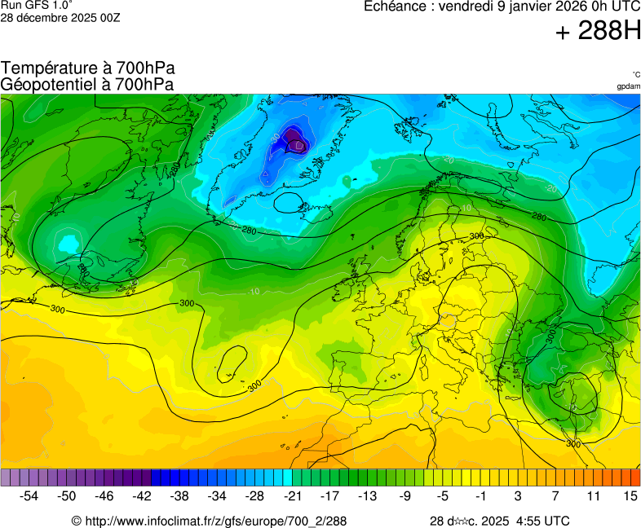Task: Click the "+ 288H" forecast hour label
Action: pyautogui.click(x=598, y=32)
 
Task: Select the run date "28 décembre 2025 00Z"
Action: pyautogui.click(x=60, y=17)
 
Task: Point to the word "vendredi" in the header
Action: pyautogui.click(x=467, y=7)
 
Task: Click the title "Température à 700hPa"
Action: pyautogui.click(x=88, y=68)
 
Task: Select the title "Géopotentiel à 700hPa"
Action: pyautogui.click(x=88, y=84)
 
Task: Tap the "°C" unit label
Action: pyautogui.click(x=635, y=74)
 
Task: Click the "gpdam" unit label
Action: pyautogui.click(x=628, y=86)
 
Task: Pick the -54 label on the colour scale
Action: pyautogui.click(x=29, y=495)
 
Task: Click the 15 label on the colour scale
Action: pyautogui.click(x=630, y=495)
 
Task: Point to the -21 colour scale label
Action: pyautogui.click(x=293, y=495)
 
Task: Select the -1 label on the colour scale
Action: pyautogui.click(x=480, y=495)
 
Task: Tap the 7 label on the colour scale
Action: pyautogui.click(x=555, y=495)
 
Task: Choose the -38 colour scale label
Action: pyautogui.click(x=179, y=495)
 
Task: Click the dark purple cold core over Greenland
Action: pyautogui.click(x=293, y=143)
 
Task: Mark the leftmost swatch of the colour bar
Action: pyautogui.click(x=6, y=477)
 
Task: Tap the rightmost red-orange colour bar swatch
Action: pyautogui.click(x=635, y=477)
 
